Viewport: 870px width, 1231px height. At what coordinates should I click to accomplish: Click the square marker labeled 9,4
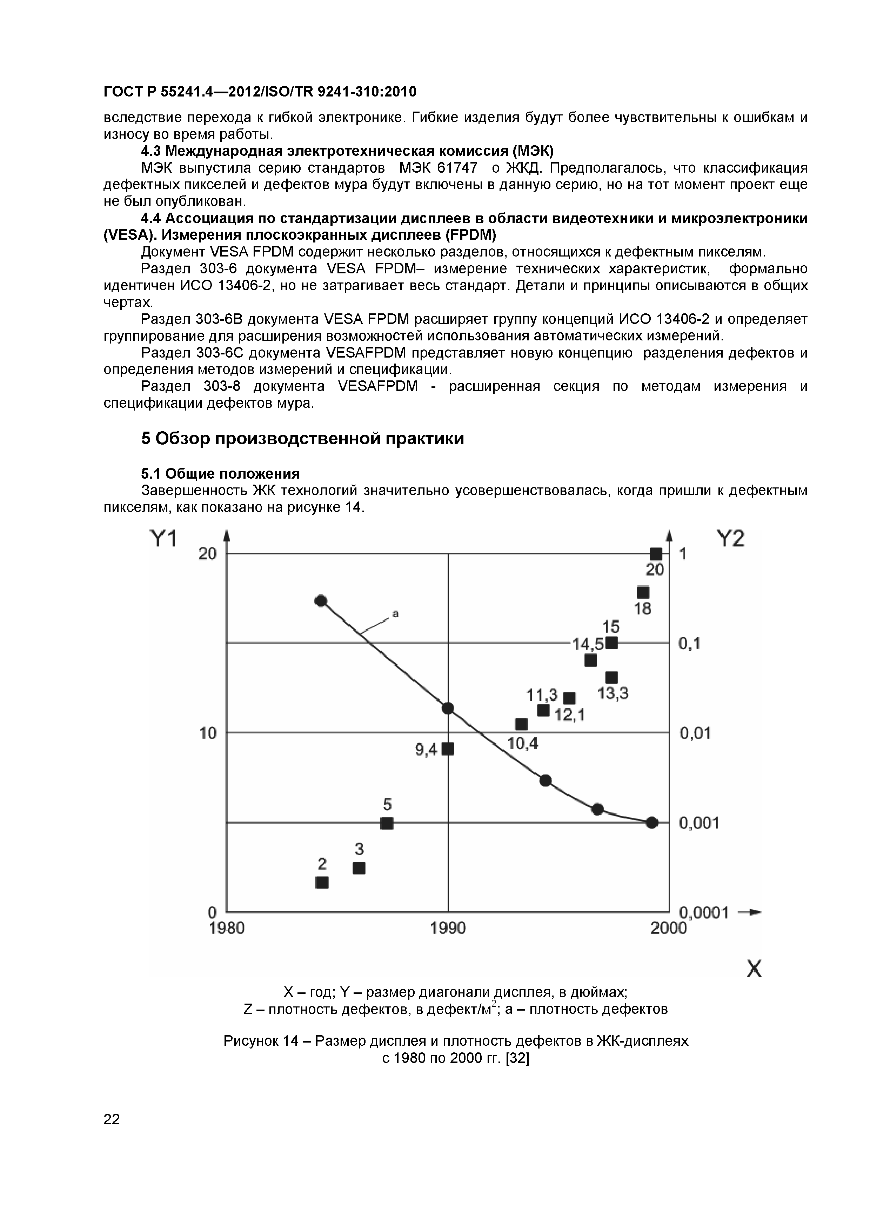point(448,749)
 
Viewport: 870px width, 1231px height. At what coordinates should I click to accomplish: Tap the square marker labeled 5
point(387,823)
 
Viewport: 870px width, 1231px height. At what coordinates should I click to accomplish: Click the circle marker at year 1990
point(448,708)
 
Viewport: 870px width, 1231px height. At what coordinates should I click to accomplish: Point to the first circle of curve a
point(321,600)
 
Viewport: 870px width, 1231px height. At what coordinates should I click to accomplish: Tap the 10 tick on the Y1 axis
point(208,733)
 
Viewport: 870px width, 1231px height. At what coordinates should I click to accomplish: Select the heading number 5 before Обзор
point(146,439)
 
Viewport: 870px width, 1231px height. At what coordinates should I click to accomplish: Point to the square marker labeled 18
point(643,592)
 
